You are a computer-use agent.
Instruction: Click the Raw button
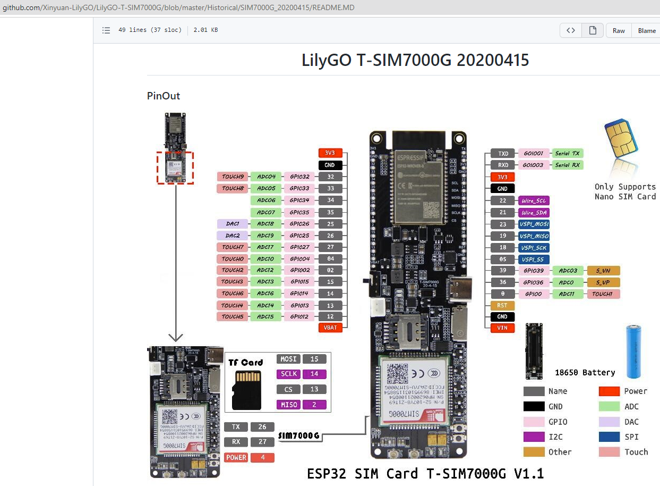[619, 31]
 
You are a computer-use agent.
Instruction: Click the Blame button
[646, 31]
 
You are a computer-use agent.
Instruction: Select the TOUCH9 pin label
[233, 177]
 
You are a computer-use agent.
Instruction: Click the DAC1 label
[233, 224]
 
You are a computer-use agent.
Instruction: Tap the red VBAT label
[330, 328]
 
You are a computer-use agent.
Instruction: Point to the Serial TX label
[567, 153]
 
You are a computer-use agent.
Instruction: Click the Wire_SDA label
[534, 212]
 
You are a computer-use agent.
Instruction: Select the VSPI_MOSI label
[534, 224]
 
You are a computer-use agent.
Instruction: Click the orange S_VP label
[603, 282]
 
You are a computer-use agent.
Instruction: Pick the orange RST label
[502, 306]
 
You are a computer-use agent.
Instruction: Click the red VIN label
[502, 328]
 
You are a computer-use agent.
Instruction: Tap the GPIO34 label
[299, 200]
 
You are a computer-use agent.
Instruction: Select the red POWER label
[236, 457]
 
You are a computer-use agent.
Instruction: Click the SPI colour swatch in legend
[609, 437]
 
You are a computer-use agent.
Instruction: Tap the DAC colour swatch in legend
[609, 422]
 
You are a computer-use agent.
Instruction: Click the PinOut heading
[164, 96]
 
